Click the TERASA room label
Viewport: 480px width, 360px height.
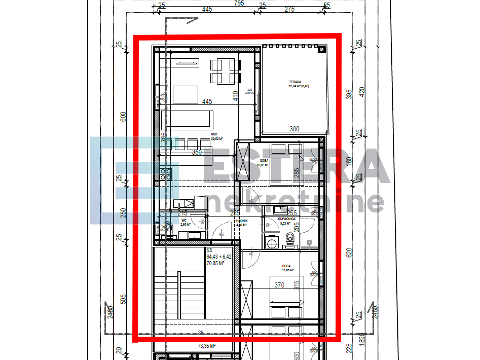295,82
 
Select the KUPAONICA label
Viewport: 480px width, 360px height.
287,219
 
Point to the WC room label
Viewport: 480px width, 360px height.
184,221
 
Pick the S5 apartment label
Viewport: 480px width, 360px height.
209,250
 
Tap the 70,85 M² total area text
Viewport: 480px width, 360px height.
215,263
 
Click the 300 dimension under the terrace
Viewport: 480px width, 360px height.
294,129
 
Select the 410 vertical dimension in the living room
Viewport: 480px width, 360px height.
235,96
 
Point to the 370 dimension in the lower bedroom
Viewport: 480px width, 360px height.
279,285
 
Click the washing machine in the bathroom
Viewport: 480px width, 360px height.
272,243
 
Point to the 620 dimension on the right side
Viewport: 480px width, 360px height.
349,252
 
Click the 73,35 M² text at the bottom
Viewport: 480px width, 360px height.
207,346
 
